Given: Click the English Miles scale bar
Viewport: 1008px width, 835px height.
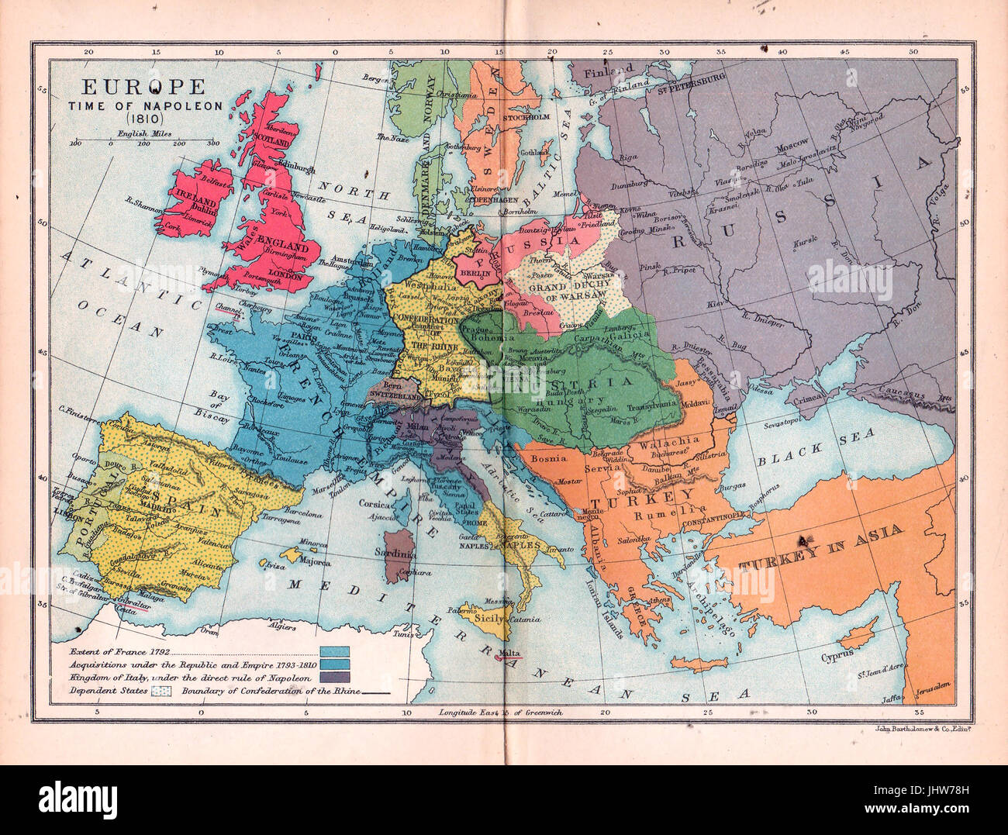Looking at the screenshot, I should (x=144, y=140).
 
